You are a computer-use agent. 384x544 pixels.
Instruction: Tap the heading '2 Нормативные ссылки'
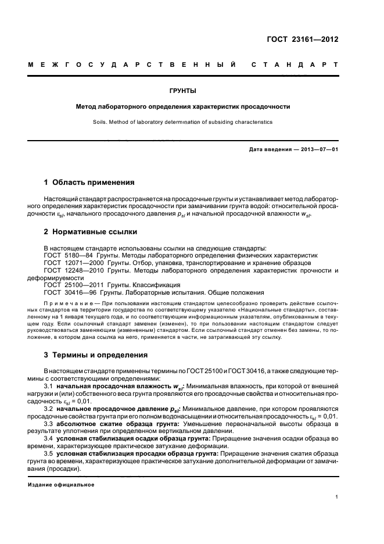(91, 232)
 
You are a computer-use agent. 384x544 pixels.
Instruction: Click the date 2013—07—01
(318, 149)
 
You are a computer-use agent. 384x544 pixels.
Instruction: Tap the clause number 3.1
(49, 386)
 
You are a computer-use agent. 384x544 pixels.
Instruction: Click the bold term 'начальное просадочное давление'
(110, 409)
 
